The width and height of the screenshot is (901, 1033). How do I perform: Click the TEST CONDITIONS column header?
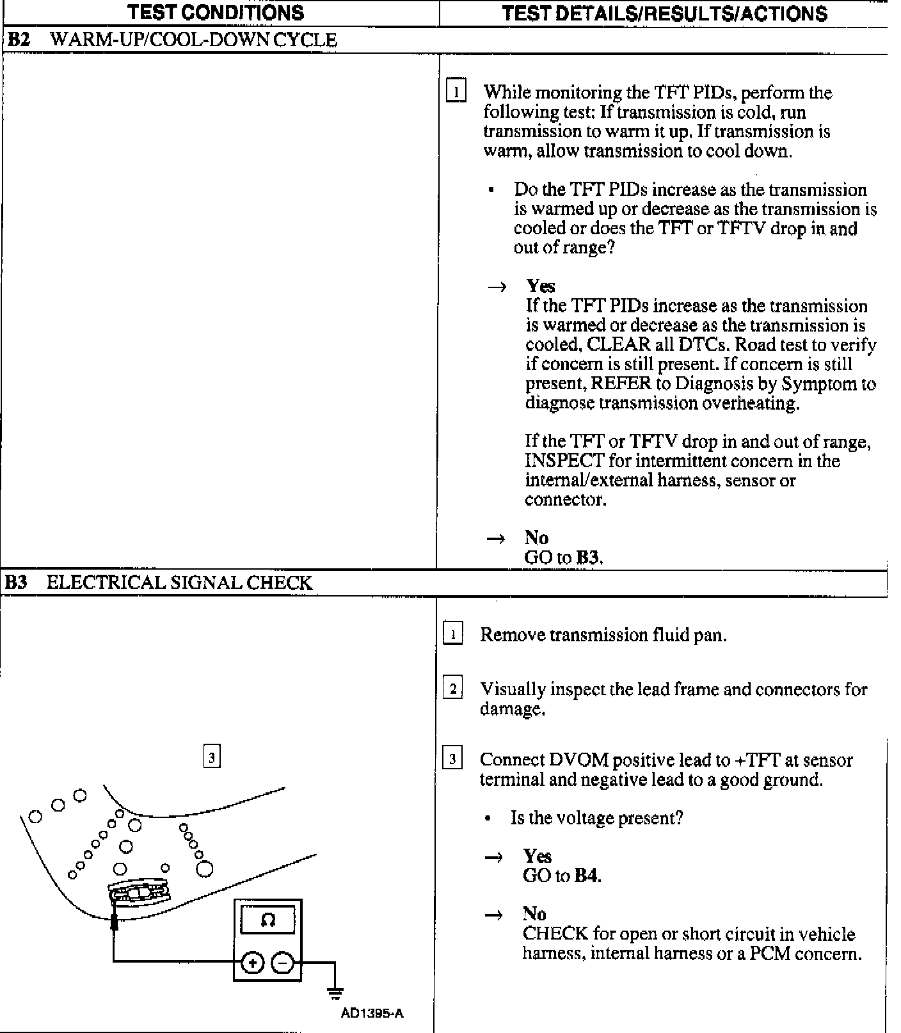216,13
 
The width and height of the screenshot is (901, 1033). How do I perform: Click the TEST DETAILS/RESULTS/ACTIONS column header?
664,13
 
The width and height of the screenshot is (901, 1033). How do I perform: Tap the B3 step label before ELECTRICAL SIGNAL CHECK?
17,582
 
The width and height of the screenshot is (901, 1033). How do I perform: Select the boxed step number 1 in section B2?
456,92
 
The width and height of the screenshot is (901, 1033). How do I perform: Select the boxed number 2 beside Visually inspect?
453,689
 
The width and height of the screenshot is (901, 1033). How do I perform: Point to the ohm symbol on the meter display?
268,920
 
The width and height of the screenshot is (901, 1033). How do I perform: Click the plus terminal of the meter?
253,963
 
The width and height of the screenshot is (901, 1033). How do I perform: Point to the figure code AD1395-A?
372,1013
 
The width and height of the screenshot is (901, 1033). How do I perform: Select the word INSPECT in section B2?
564,461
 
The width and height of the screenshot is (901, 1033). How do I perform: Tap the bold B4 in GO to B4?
587,876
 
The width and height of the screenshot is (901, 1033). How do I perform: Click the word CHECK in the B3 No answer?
555,934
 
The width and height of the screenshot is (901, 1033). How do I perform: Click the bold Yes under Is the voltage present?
537,856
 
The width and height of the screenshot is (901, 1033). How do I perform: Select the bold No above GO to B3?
536,537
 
